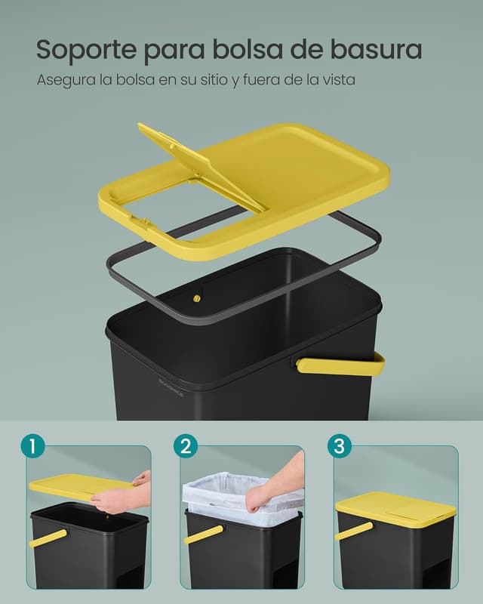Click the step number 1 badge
click(x=32, y=445)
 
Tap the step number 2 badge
click(x=185, y=445)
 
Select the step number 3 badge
click(x=339, y=445)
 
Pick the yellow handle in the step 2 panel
click(x=203, y=535)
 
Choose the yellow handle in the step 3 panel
click(x=353, y=531)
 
